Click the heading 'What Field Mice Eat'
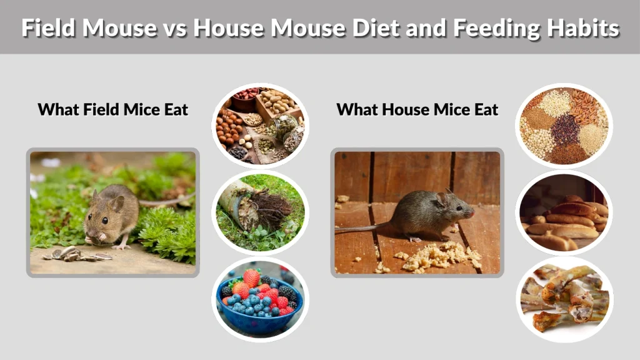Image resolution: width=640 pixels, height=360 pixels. click(x=113, y=110)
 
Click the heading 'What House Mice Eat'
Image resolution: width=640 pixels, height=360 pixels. click(x=417, y=110)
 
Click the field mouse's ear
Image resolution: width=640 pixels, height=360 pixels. click(x=116, y=203)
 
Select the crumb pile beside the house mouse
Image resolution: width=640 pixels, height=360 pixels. click(x=437, y=256)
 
